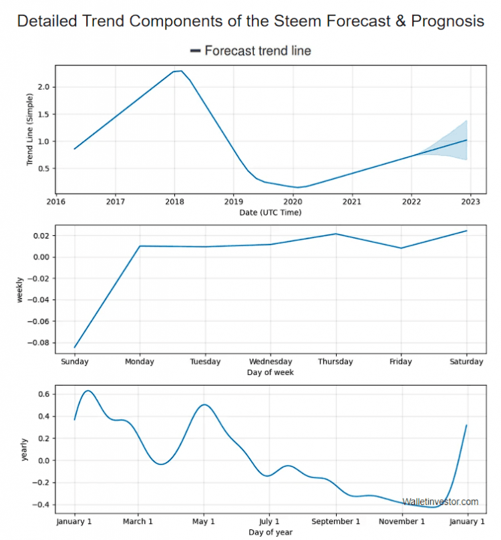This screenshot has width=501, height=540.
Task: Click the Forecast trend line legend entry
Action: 257,51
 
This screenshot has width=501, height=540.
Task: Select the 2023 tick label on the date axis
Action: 470,200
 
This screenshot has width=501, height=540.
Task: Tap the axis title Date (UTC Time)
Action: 270,213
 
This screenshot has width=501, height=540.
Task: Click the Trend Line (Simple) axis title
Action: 30,130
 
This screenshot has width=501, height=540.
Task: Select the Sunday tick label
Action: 74,362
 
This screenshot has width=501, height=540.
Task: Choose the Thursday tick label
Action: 335,362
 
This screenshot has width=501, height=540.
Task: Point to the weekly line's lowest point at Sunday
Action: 74,348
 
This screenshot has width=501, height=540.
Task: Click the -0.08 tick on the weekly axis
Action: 39,343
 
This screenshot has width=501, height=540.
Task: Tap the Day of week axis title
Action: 270,372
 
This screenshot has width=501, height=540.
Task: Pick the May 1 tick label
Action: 204,521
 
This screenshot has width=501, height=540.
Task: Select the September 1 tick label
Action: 335,521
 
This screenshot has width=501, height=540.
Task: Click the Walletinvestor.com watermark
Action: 440,502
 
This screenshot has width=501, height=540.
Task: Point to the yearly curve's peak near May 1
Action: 204,404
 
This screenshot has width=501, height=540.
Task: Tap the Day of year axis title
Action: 270,532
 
